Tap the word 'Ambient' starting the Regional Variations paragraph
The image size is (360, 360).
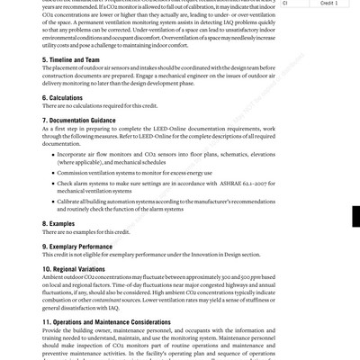pyautogui.click(x=55, y=277)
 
